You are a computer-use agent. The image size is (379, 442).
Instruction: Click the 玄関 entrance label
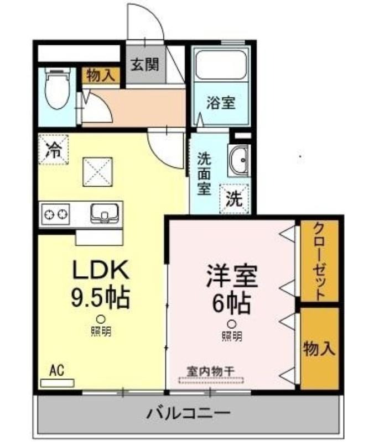coord(145,65)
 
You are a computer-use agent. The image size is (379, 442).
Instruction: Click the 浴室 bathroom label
coord(221,103)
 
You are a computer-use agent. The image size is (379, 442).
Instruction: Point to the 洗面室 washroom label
coord(204,174)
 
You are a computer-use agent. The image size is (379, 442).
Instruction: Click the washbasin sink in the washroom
coord(239,160)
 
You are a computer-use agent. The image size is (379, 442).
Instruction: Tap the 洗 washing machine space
coord(235,199)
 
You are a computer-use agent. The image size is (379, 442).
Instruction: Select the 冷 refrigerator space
coord(54,149)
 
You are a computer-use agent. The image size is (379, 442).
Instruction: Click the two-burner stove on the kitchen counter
coord(55,214)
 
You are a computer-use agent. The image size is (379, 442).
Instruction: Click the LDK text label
coord(101,270)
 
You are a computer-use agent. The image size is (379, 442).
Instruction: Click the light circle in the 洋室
coord(232,324)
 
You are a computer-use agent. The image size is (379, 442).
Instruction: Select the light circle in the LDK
coord(101,319)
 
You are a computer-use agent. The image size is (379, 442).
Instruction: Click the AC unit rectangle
coord(58,383)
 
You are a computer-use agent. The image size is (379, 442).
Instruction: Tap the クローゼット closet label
coord(319,261)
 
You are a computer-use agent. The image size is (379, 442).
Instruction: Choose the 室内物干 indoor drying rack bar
coord(211,380)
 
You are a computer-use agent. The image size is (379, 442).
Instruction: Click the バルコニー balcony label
coord(189,413)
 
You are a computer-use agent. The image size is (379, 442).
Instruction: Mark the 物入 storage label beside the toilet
coord(101,76)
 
